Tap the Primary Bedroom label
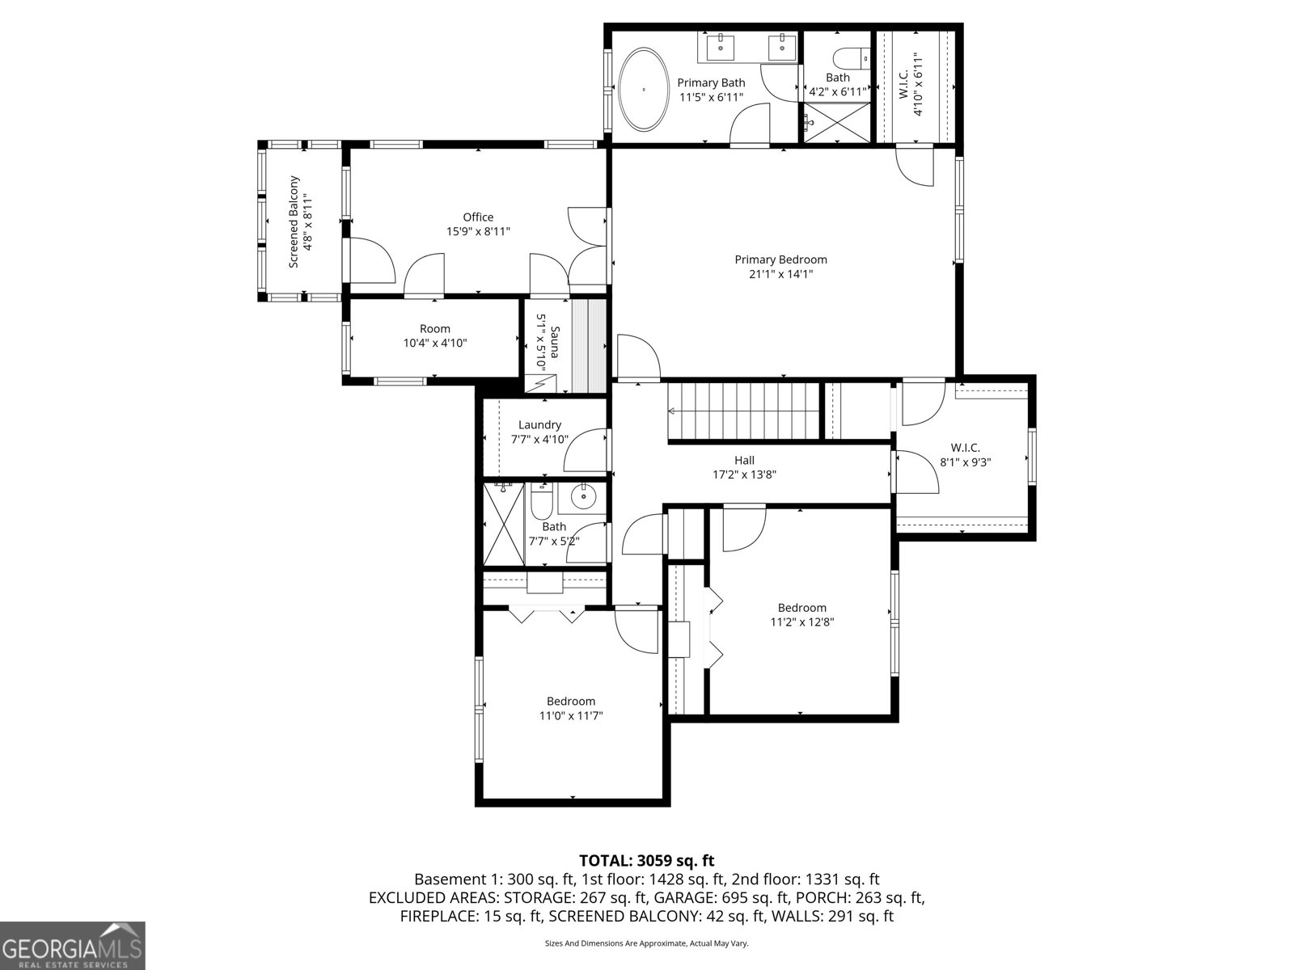pyautogui.click(x=780, y=259)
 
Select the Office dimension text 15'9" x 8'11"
pyautogui.click(x=478, y=231)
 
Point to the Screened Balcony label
pyautogui.click(x=294, y=221)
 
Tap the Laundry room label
pyautogui.click(x=539, y=425)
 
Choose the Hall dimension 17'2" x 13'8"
pyautogui.click(x=744, y=475)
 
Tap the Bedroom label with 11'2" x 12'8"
pyautogui.click(x=801, y=608)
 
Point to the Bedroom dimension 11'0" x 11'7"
pyautogui.click(x=571, y=715)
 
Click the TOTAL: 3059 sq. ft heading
pyautogui.click(x=646, y=860)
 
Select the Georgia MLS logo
pyautogui.click(x=73, y=945)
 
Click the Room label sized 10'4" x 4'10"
pyautogui.click(x=435, y=329)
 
